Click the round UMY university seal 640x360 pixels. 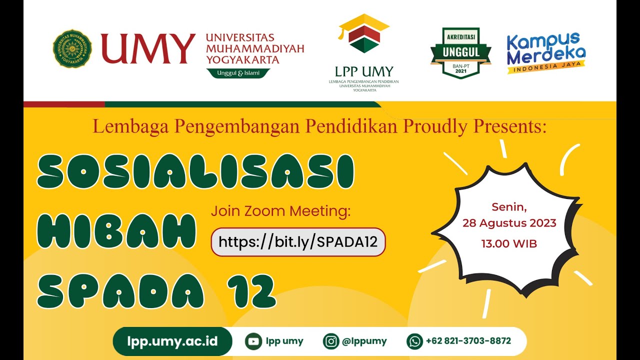(x=72, y=49)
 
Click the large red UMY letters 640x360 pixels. (x=148, y=49)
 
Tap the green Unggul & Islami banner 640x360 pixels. (x=238, y=73)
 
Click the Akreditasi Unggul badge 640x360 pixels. (x=460, y=52)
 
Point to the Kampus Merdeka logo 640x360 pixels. (x=545, y=52)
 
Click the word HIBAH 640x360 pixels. (x=116, y=231)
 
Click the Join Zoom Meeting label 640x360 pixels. (x=281, y=211)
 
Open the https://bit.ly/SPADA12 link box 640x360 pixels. (x=298, y=242)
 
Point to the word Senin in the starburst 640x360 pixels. (x=509, y=206)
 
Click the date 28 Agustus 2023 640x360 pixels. (x=509, y=223)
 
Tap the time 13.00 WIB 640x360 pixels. (x=509, y=244)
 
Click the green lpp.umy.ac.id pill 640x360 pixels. (x=172, y=341)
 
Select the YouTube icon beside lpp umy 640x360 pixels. (x=254, y=341)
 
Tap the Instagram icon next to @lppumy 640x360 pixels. (x=331, y=341)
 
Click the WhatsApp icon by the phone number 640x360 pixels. (x=414, y=341)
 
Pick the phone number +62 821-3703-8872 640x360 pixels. (x=468, y=341)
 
